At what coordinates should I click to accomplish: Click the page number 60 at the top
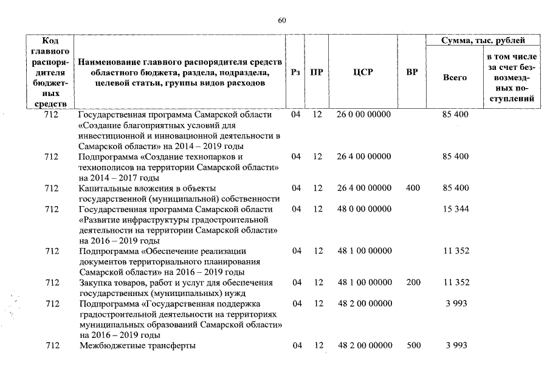tap(281, 20)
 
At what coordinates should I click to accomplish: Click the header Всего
tap(455, 78)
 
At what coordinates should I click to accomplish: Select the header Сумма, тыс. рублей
tap(483, 41)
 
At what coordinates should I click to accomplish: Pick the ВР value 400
tap(413, 188)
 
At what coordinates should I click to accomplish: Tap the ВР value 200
tap(413, 283)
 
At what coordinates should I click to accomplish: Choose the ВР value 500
tap(413, 346)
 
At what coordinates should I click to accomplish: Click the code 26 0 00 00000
tap(363, 114)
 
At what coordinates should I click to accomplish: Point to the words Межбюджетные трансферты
tap(137, 346)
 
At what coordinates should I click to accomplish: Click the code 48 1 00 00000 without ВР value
tap(363, 251)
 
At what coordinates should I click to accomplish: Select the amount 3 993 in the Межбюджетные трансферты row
tap(456, 346)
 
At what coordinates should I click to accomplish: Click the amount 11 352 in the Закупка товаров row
tap(456, 283)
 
